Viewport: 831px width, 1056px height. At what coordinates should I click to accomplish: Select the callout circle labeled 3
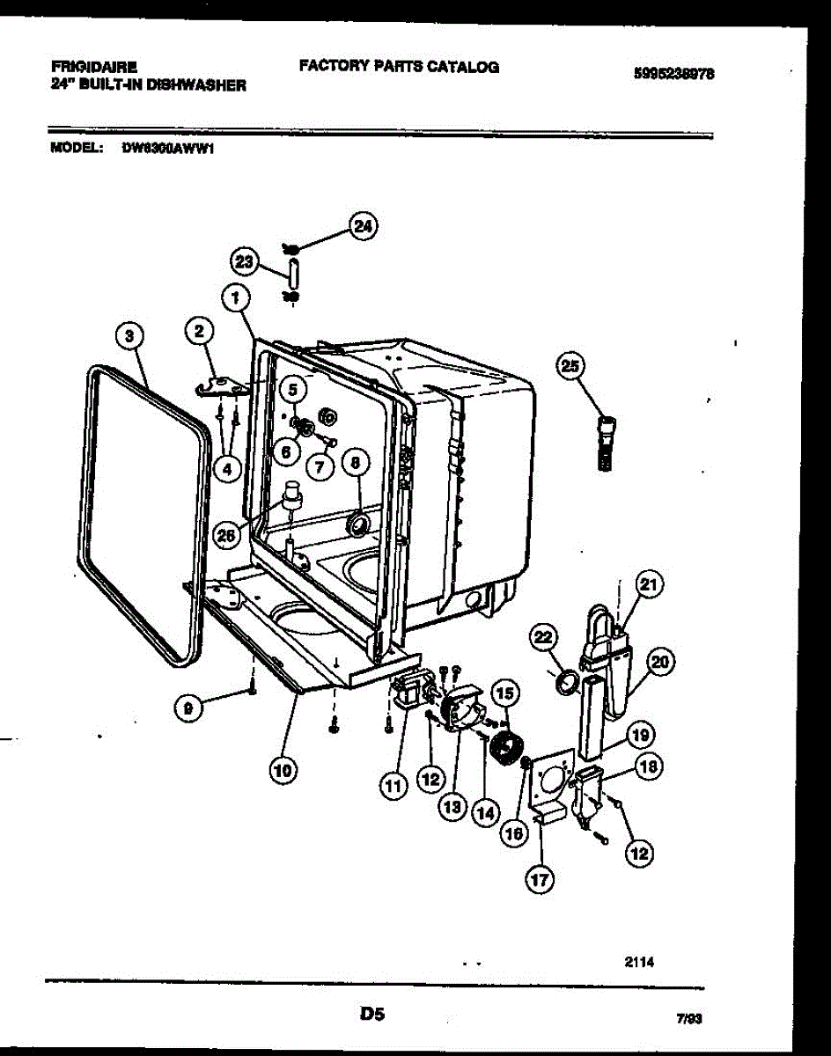pos(129,334)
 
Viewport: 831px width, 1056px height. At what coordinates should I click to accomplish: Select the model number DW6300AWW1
pos(169,149)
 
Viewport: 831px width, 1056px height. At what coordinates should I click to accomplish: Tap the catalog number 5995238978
pos(673,75)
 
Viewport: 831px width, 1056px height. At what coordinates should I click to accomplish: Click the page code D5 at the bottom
pos(372,1015)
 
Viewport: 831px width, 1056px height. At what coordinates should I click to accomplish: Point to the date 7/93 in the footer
pos(688,1019)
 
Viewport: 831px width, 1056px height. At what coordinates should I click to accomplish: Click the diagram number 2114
pos(639,962)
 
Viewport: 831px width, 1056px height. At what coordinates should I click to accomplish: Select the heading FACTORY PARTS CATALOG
pos(399,66)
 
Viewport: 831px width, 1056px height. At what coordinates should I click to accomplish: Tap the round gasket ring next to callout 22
pos(569,682)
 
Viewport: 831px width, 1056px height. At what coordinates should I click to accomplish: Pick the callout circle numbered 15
pos(504,693)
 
